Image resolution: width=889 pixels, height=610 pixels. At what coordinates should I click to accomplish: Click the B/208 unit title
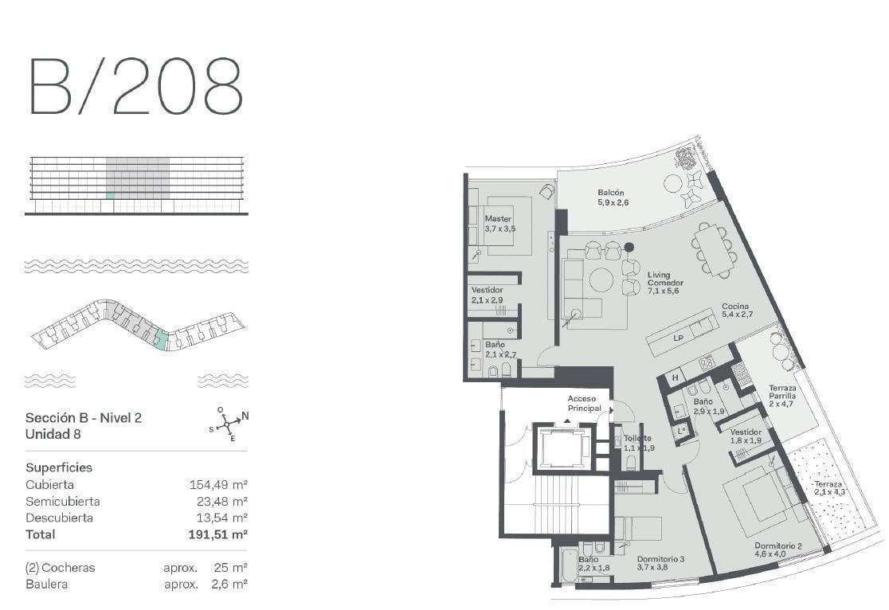point(136,86)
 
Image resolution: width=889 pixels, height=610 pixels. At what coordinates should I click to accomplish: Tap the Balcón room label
point(613,197)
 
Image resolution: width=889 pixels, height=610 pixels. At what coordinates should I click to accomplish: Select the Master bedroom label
point(499,223)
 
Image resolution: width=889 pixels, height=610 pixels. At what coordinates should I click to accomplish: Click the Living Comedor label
point(665,283)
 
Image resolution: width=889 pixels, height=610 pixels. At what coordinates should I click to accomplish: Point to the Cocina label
point(737,310)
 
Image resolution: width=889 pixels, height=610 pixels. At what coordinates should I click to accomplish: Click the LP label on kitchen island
point(678,338)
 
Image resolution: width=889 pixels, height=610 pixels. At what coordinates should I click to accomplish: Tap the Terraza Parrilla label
point(782,396)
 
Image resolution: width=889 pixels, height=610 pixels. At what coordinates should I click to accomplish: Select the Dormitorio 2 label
point(777,549)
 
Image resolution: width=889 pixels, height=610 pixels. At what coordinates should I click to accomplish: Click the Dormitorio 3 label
point(660,562)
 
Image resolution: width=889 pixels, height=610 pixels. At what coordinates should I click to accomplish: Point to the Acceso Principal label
point(584,403)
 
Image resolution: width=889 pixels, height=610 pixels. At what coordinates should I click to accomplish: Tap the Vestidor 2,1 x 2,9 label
point(487,295)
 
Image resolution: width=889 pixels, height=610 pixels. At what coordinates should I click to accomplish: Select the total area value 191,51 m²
point(217,534)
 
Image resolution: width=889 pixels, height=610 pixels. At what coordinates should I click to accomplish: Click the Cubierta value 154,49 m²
point(218,485)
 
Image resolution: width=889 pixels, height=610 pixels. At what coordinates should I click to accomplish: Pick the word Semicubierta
point(62,501)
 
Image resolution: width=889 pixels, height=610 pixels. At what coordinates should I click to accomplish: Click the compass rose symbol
point(228,424)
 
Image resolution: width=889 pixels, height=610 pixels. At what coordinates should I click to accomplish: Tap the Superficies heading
point(59,467)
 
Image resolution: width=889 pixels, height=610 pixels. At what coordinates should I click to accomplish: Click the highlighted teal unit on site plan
point(162,341)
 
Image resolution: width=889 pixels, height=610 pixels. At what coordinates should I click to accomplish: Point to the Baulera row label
point(46,584)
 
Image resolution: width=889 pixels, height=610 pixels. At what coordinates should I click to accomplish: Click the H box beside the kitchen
point(676,377)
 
